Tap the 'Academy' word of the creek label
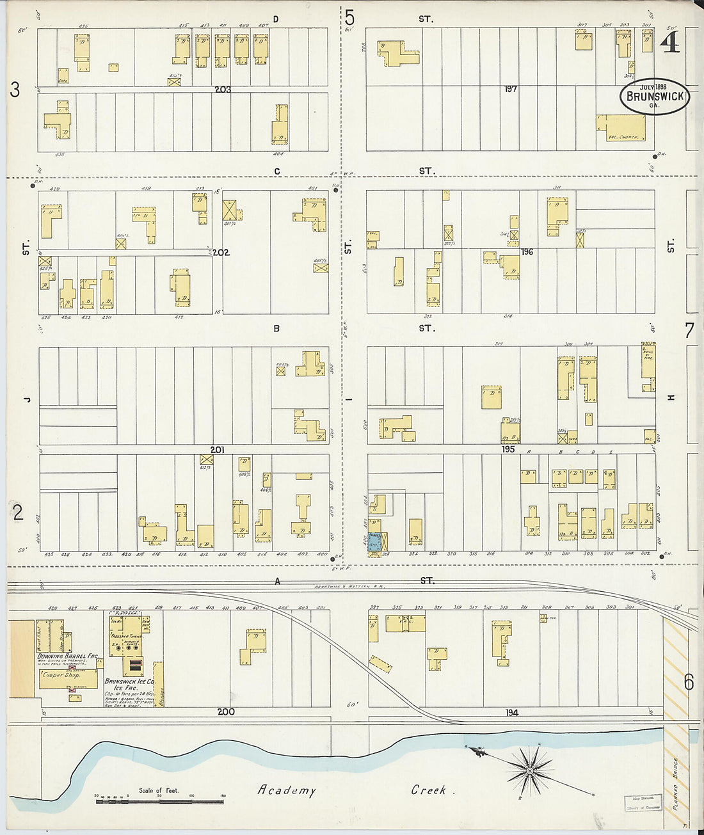287,790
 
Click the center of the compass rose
530,770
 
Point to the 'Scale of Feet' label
159,790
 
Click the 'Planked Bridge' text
675,784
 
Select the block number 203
222,90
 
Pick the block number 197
509,89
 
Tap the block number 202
220,252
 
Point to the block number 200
225,712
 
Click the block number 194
511,712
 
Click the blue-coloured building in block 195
375,541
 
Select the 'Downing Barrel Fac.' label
67,656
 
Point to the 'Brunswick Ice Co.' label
130,682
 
